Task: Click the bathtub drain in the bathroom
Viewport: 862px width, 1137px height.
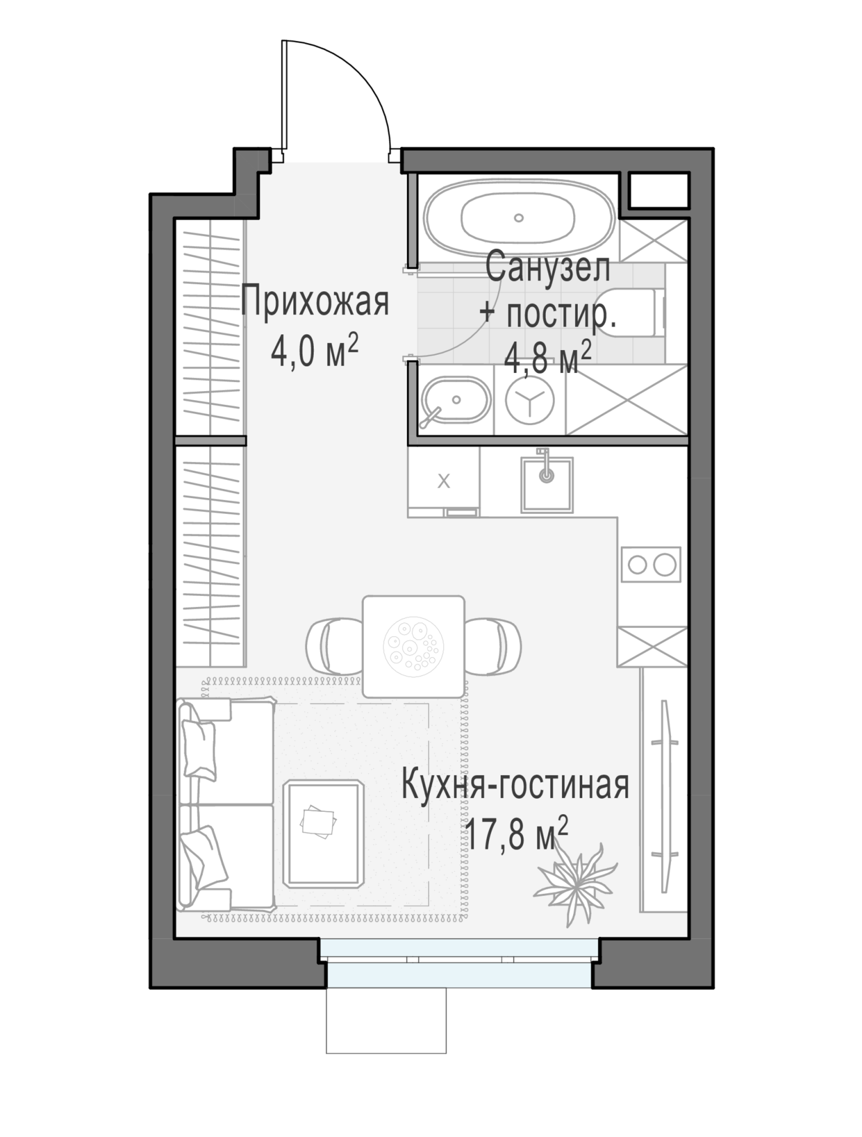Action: pyautogui.click(x=518, y=217)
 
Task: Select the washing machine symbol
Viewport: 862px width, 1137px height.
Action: pyautogui.click(x=530, y=400)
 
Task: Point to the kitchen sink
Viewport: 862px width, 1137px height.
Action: pyautogui.click(x=547, y=483)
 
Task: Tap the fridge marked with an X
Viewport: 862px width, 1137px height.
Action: pyautogui.click(x=444, y=482)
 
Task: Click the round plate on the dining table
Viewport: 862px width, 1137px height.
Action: pyautogui.click(x=413, y=646)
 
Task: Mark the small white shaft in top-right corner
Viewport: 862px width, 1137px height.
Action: pyautogui.click(x=658, y=190)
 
